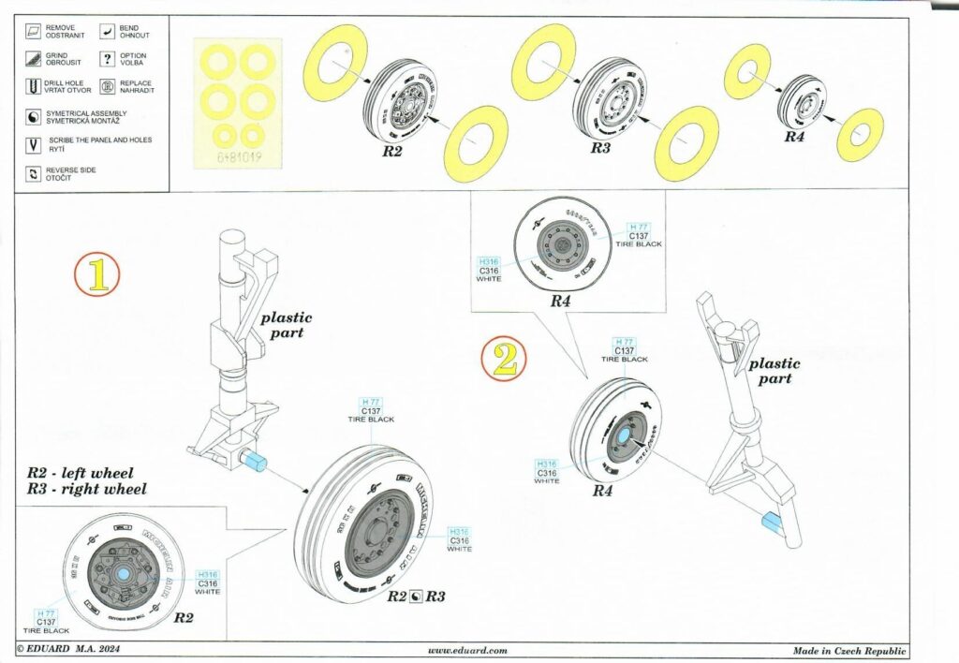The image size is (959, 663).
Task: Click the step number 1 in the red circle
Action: [98, 274]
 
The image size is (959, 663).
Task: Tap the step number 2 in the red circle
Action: [504, 360]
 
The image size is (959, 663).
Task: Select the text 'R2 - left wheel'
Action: [81, 474]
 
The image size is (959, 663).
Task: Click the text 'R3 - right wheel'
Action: [86, 489]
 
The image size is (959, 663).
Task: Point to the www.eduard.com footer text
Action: [467, 650]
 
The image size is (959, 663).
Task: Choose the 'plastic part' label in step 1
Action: [286, 325]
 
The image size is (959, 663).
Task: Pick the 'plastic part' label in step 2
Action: [775, 371]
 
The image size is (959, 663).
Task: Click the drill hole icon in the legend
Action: [34, 88]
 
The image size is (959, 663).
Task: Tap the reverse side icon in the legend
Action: [34, 174]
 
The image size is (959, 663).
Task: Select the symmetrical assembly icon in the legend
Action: [34, 117]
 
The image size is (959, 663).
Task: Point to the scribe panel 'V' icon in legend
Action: [34, 145]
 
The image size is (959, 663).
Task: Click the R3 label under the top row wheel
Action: [600, 149]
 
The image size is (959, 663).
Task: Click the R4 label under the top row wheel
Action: [793, 136]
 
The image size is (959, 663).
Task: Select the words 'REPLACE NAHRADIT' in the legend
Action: [136, 87]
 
